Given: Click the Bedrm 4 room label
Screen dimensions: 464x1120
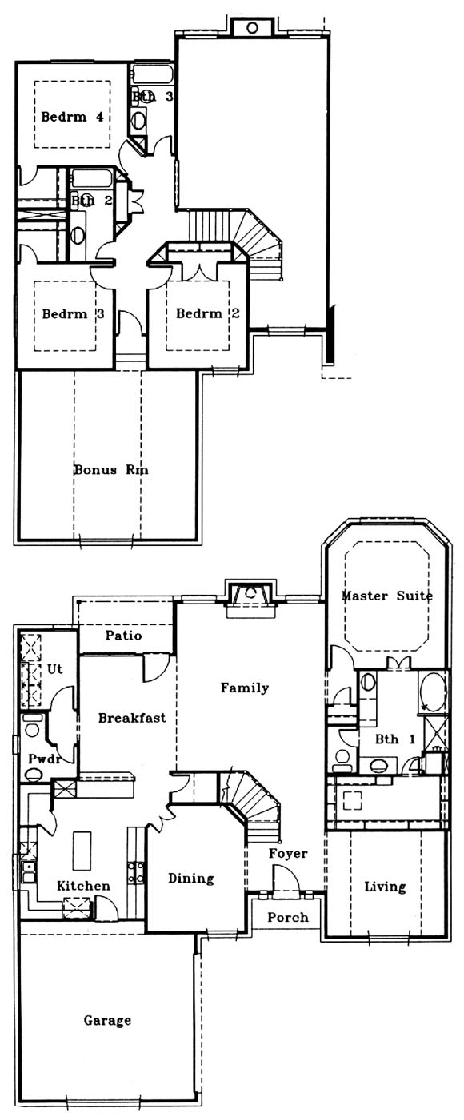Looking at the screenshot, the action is click(x=72, y=117).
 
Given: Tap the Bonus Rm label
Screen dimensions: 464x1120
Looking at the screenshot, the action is click(x=111, y=470).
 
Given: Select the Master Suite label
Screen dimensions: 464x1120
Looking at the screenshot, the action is click(x=387, y=596).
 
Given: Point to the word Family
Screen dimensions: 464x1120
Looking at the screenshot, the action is click(x=245, y=688).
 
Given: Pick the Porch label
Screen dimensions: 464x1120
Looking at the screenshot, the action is click(x=288, y=917).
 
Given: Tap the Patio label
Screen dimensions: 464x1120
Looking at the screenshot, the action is click(x=124, y=636).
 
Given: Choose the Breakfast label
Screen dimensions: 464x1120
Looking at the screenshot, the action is click(x=132, y=718).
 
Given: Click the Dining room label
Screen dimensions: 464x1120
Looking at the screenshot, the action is click(x=190, y=879).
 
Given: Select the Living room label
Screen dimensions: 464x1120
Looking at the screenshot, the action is click(x=385, y=887).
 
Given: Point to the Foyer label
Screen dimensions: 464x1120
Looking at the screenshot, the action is click(x=288, y=854).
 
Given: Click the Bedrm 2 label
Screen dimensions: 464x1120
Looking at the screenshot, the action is click(x=207, y=313).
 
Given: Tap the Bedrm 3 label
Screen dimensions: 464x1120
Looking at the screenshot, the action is click(x=73, y=314).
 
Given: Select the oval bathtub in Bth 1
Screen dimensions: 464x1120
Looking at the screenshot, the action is click(x=433, y=692).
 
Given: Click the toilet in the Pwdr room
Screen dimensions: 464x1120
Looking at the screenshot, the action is click(x=33, y=775).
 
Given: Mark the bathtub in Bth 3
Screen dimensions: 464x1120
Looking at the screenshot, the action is click(x=153, y=74).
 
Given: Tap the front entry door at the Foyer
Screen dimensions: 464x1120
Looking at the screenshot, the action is click(x=286, y=880).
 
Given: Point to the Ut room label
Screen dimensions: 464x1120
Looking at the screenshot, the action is click(x=54, y=669).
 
